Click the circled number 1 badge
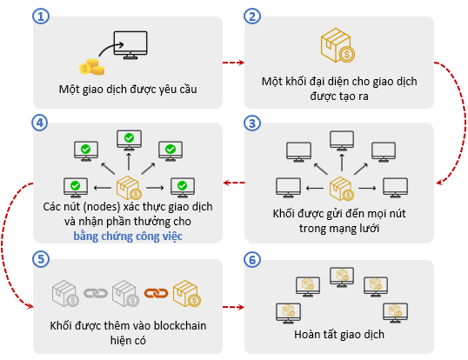(x=41, y=17)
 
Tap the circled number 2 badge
(x=252, y=17)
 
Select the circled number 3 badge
(x=252, y=123)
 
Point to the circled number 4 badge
(x=40, y=123)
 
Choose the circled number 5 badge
(x=41, y=259)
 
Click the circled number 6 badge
(x=252, y=259)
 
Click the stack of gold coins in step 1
(x=92, y=67)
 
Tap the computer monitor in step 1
(x=130, y=44)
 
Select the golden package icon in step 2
(x=338, y=45)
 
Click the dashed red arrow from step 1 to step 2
(x=233, y=63)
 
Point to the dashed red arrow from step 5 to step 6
(x=233, y=307)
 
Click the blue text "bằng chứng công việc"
(x=128, y=237)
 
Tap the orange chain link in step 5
(x=156, y=293)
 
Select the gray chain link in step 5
(x=96, y=293)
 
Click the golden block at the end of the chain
(x=186, y=293)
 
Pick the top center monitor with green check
(x=129, y=140)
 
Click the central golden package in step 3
(x=342, y=188)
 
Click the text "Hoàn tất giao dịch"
(x=339, y=335)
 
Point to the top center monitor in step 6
(x=342, y=277)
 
